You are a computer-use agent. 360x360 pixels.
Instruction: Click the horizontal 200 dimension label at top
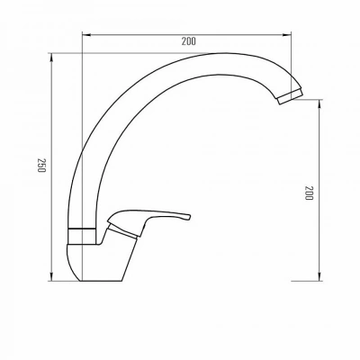point(188,41)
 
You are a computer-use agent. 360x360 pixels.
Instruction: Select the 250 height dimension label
point(41,165)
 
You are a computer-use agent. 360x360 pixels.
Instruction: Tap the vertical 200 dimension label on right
point(309,193)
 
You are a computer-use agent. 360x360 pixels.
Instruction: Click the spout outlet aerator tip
point(290,96)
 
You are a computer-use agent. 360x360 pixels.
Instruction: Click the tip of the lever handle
point(190,217)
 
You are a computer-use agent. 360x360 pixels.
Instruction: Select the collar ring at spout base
point(82,237)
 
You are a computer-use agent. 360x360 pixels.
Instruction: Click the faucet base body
point(99,261)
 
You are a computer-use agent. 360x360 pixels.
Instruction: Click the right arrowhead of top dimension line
point(287,35)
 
